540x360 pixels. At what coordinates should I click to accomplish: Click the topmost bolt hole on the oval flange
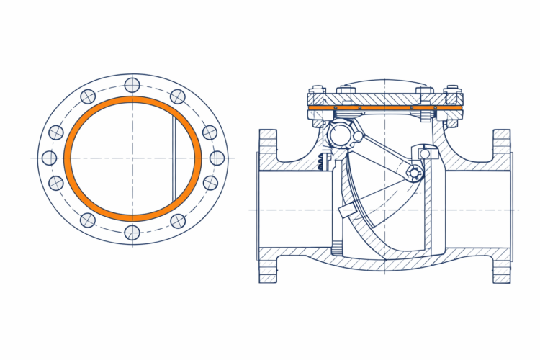click(132, 85)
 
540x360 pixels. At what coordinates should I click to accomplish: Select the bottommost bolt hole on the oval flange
click(132, 232)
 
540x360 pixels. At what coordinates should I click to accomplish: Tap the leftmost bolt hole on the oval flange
click(50, 158)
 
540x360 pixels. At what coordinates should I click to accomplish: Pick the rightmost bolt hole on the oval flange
click(217, 158)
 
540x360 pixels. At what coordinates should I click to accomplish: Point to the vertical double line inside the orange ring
click(175, 158)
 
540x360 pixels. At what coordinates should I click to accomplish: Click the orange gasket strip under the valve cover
click(382, 108)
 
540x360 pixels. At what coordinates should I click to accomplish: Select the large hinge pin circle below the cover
click(336, 134)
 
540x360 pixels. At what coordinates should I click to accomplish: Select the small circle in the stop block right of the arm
click(425, 153)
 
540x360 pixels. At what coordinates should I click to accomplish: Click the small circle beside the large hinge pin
click(358, 136)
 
